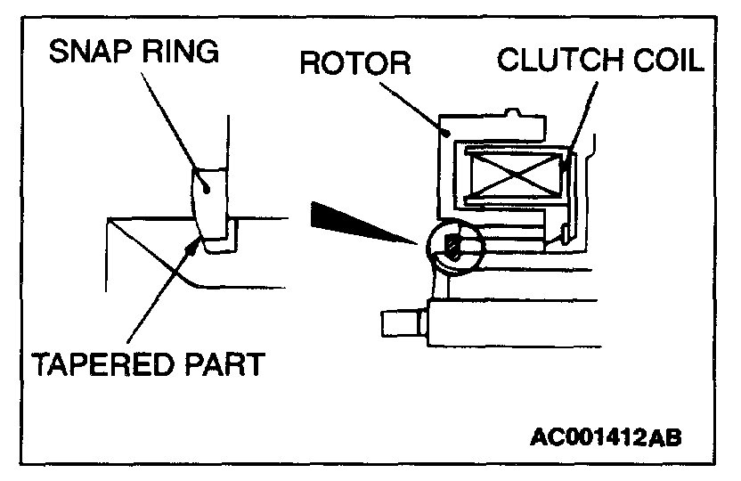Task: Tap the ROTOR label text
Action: tap(354, 64)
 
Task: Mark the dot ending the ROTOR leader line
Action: tap(451, 131)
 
